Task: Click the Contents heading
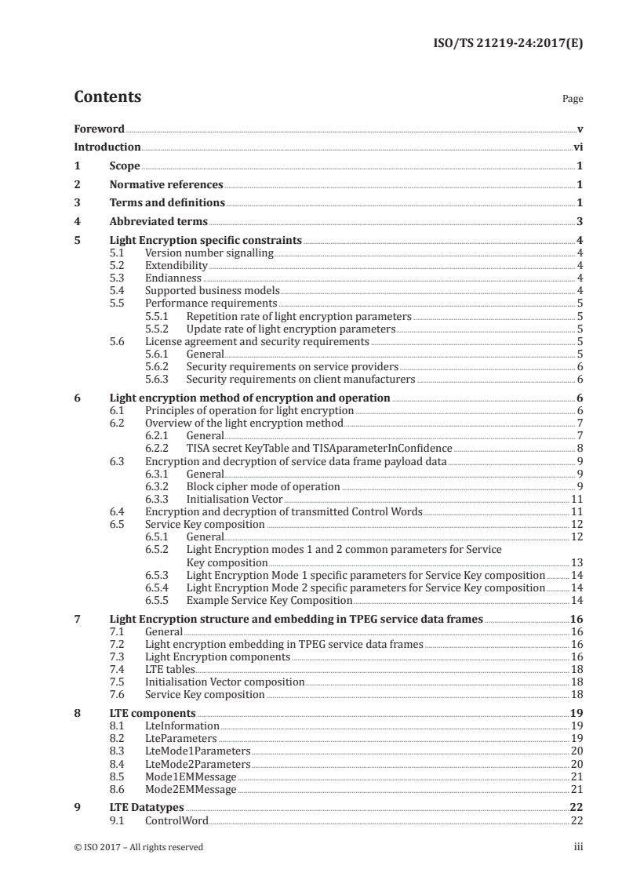click(x=107, y=97)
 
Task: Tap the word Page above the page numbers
click(x=573, y=100)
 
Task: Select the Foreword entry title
click(x=99, y=129)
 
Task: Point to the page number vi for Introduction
click(x=577, y=147)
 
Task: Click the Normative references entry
click(x=166, y=184)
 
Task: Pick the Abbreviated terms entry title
click(x=158, y=221)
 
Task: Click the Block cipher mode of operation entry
click(x=263, y=486)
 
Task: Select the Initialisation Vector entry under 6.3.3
click(x=234, y=499)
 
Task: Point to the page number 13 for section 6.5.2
click(x=576, y=562)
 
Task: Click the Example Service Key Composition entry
click(x=269, y=600)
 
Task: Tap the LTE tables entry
click(x=169, y=669)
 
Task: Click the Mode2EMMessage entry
click(x=191, y=789)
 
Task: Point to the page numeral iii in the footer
click(x=579, y=846)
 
